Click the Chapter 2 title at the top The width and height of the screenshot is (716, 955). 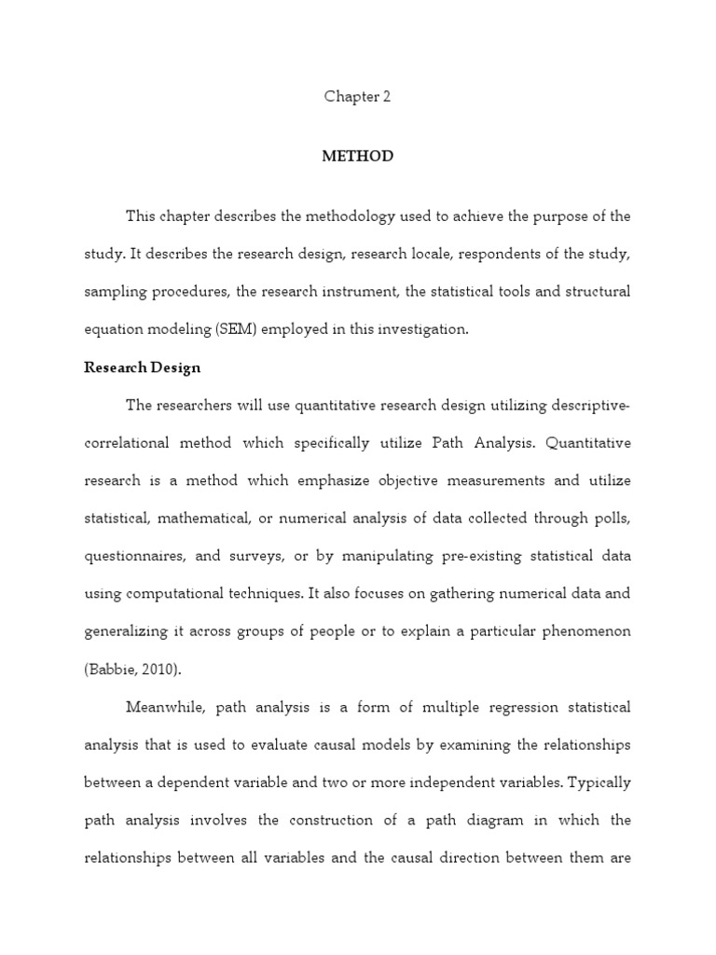click(x=357, y=97)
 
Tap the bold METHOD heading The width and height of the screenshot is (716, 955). click(x=357, y=157)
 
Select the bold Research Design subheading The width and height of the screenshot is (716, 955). click(x=142, y=367)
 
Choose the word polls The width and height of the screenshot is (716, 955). click(x=611, y=519)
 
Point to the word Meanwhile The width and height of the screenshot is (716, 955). click(x=165, y=708)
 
